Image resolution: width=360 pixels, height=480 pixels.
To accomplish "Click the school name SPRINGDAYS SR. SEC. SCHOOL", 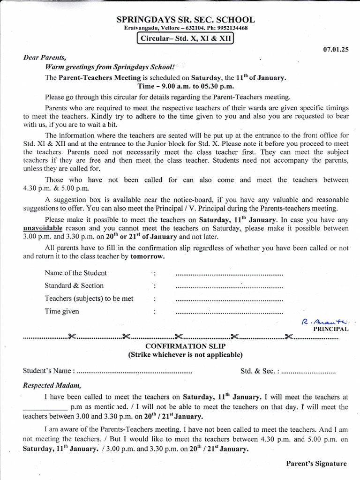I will coord(186,20).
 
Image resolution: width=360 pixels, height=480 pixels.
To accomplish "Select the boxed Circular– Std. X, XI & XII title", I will coord(184,38).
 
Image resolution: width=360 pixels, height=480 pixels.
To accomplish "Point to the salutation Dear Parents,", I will coord(45,58).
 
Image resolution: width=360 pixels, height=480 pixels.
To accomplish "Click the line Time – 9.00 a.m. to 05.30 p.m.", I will coord(186,86).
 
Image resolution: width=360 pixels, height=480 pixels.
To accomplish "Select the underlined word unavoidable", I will coord(43,228).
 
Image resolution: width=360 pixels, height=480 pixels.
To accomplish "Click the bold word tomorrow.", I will coord(147,256).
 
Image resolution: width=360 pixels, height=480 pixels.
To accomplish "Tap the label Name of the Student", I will coord(75,273).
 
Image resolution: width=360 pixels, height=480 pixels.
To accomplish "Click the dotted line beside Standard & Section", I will coord(229,286).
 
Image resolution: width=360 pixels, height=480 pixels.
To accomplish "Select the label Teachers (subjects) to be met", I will coord(89,299).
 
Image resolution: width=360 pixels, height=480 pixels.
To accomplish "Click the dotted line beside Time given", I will coord(229,312).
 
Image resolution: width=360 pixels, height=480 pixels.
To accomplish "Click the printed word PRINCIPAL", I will coord(330,329).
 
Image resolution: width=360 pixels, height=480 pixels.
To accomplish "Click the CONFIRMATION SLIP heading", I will coord(186,346).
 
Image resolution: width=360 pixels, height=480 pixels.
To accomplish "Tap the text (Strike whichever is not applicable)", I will coord(186,355).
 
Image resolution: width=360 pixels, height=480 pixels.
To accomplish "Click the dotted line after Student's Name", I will coord(134,371).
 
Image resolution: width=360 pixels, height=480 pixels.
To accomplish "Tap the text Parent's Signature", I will coord(316,464).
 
